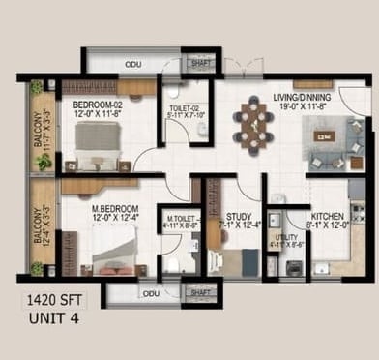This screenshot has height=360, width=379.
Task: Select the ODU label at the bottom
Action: click(150, 293)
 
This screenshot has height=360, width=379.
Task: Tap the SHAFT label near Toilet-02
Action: click(201, 65)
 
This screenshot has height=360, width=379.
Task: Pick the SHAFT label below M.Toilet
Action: click(201, 292)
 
